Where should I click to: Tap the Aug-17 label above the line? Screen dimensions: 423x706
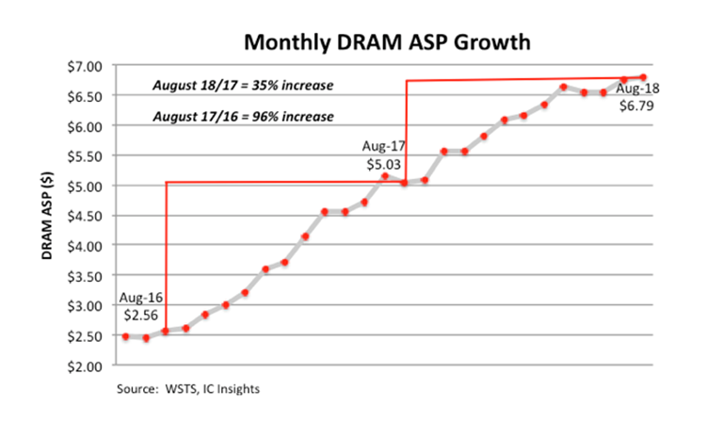[x=380, y=148]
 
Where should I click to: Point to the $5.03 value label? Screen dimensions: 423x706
[x=380, y=164]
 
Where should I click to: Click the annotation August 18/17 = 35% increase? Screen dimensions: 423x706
[x=243, y=86]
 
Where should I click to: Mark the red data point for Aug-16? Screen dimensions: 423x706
[x=166, y=332]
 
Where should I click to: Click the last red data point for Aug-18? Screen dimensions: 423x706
[x=644, y=77]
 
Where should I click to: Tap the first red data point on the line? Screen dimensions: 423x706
[x=125, y=336]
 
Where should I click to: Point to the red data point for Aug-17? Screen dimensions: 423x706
[x=405, y=183]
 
